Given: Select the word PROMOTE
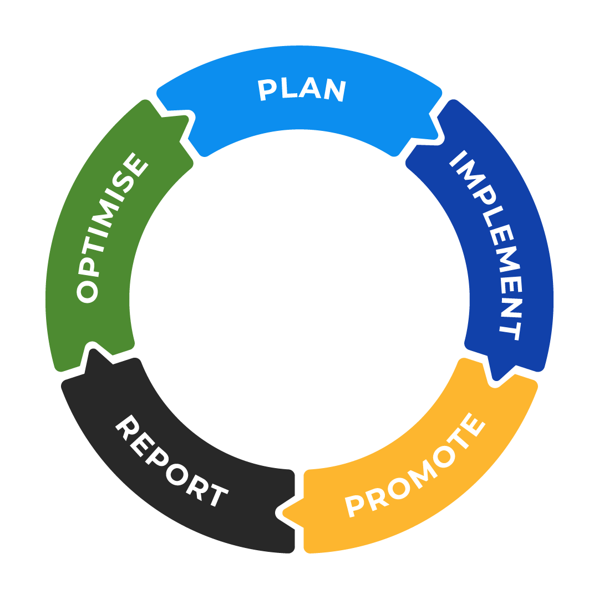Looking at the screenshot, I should (x=415, y=465).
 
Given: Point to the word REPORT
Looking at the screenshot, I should (x=172, y=460).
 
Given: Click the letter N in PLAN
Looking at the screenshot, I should (x=336, y=90).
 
